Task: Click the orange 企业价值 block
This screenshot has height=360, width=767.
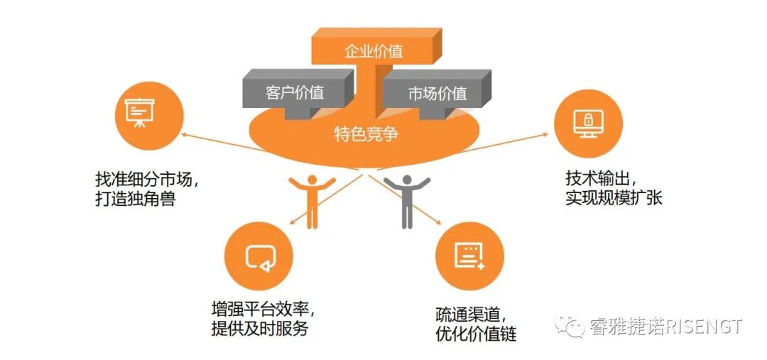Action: (373, 51)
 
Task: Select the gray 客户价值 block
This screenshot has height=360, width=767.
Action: (295, 93)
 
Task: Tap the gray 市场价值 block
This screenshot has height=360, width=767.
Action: (437, 93)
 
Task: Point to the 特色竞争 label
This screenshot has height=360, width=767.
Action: (366, 134)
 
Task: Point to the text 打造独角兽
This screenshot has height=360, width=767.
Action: (135, 198)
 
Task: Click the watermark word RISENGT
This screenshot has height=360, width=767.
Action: (705, 327)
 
